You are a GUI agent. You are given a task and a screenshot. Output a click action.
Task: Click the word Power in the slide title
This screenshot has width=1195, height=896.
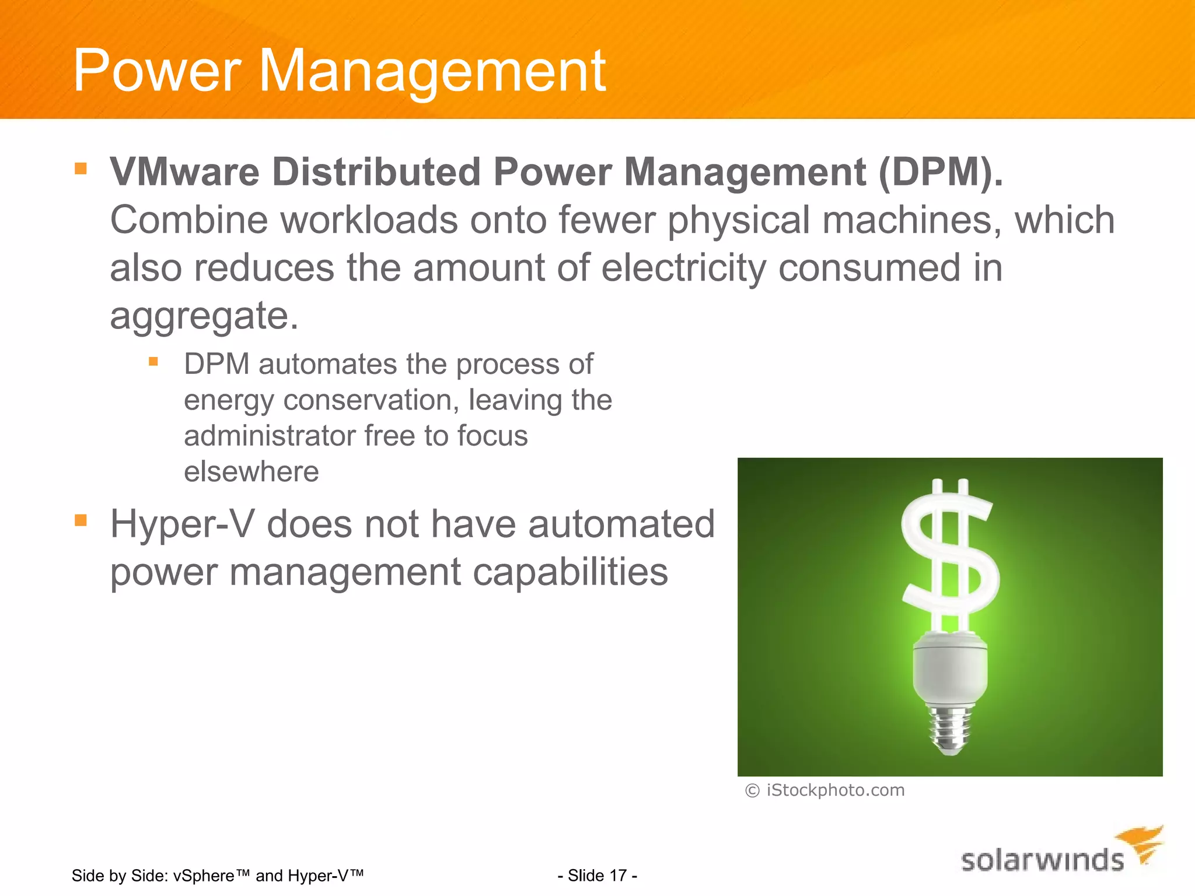tap(156, 71)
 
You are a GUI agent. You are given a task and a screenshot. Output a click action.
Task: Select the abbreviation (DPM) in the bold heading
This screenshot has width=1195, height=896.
tap(940, 172)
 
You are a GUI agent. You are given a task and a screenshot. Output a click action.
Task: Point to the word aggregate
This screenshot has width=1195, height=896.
tap(204, 317)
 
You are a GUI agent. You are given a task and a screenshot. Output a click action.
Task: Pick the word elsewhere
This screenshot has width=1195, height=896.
tap(251, 471)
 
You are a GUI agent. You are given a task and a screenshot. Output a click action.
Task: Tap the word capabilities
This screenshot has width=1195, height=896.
tap(570, 572)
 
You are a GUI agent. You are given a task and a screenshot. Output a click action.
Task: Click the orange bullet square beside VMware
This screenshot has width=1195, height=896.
tap(81, 169)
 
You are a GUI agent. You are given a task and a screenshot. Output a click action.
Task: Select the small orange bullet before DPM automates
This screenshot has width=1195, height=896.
tap(153, 362)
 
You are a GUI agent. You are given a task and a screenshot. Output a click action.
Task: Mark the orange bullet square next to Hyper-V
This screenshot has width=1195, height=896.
tap(81, 520)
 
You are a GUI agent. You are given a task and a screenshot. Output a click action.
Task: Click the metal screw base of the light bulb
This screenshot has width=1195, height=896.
tap(951, 729)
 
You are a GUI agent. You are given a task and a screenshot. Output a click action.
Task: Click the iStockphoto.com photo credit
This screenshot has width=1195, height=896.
tap(835, 790)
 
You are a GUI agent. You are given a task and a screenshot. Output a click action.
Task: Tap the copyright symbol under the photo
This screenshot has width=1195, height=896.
tap(752, 791)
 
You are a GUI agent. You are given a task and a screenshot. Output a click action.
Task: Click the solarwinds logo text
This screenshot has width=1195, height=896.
tap(1042, 861)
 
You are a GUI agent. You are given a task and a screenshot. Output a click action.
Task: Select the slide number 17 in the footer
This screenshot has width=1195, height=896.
tap(618, 876)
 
